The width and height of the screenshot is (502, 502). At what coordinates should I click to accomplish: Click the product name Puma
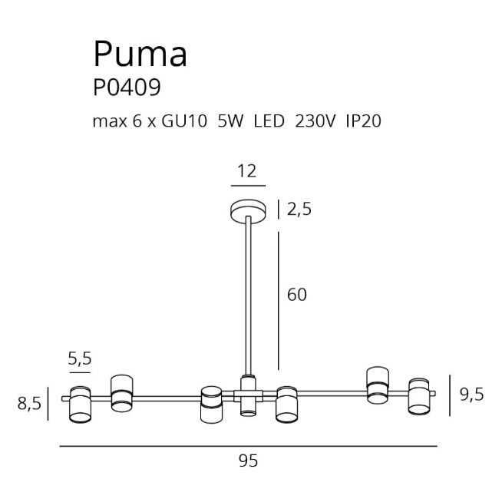coord(140,54)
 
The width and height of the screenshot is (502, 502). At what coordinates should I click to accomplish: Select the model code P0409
coord(127,88)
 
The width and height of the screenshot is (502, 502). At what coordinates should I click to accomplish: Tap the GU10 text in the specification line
coord(184,121)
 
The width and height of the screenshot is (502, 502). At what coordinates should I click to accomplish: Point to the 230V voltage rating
coord(315,121)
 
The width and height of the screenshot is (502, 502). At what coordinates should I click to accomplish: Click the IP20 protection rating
coord(363,121)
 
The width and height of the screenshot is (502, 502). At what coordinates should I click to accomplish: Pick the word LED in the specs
coord(269,121)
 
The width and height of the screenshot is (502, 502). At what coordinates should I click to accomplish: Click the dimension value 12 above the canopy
coord(247,171)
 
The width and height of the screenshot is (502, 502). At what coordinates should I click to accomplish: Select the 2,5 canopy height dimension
coord(299,210)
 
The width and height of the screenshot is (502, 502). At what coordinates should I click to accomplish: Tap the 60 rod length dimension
coord(297,295)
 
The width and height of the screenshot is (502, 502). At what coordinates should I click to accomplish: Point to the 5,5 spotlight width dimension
coord(80,358)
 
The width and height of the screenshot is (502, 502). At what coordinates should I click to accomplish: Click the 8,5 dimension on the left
coord(29,404)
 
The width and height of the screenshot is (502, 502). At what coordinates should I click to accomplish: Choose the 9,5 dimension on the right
coord(471,395)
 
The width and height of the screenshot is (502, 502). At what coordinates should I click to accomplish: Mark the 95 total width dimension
coord(248,461)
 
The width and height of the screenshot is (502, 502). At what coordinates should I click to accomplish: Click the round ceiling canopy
coord(248,211)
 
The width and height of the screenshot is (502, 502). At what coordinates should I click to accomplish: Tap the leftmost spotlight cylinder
coord(80,405)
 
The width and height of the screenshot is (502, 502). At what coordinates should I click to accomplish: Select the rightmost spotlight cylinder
coord(419,396)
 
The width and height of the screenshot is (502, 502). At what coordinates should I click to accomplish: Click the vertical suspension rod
coord(248,296)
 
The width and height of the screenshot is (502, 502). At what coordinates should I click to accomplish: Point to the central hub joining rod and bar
coord(248,396)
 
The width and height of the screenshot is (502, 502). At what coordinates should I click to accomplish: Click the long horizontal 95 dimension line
coord(249,446)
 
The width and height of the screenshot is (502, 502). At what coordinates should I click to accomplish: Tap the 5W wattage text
coord(230,121)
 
